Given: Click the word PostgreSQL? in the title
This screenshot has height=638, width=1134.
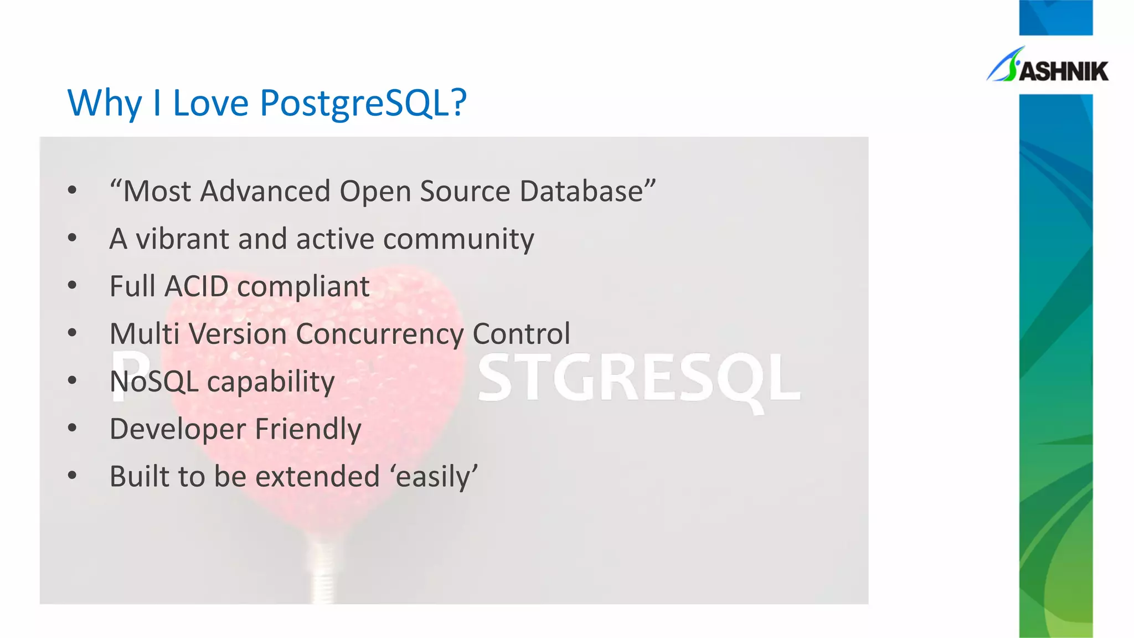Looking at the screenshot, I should coord(363,103).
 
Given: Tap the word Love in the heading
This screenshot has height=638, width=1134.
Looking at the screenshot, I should coord(210,103).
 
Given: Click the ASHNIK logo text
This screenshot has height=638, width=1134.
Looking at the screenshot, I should coord(1063,71).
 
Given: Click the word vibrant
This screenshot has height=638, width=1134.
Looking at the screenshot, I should coord(183,239).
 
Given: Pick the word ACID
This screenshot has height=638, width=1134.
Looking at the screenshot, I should coord(197,286).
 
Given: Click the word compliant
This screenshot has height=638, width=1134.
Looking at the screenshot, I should coord(303,287).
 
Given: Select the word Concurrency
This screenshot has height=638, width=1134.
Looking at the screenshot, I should coord(379,335).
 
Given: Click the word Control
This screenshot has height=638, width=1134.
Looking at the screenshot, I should coord(521,333).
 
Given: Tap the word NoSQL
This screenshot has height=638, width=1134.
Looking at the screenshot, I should coord(154,382).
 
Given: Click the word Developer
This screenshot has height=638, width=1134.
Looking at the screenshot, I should coord(177,430).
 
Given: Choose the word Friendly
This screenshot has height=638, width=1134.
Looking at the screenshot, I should coord(308,430).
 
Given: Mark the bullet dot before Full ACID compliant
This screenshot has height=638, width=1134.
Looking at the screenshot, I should coord(72,286).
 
